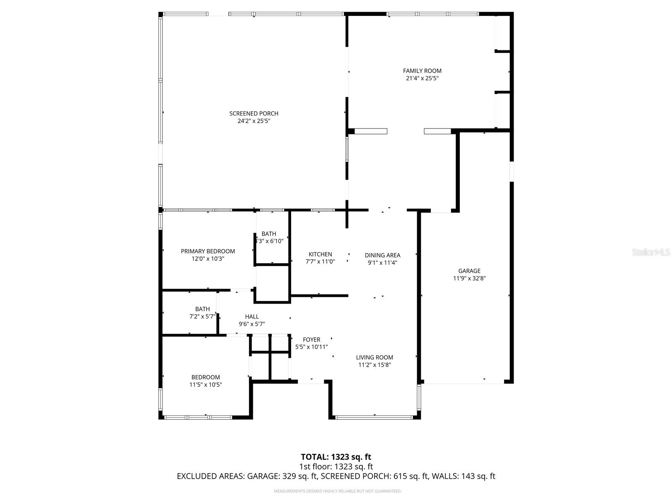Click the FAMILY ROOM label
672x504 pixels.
pos(422,71)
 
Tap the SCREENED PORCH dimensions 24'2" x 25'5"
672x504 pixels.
pos(254,121)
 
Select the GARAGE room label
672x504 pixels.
pos(469,271)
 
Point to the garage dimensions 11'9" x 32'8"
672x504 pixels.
pos(469,278)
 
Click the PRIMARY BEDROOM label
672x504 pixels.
pos(208,251)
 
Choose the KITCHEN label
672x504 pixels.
pos(320,254)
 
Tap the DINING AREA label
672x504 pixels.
pos(382,255)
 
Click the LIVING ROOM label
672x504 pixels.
pos(375,357)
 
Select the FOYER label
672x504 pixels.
pos(312,339)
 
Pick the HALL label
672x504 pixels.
pos(252,317)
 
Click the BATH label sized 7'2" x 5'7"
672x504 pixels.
pos(202,309)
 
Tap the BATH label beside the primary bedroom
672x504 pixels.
pos(269,234)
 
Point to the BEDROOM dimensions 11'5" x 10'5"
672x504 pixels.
pos(206,385)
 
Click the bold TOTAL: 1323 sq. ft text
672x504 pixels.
pos(336,457)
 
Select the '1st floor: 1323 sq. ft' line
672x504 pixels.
pos(336,467)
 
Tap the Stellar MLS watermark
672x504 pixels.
pos(651,252)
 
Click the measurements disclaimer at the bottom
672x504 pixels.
pos(338,491)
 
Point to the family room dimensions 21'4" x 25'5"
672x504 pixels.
pos(422,79)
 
